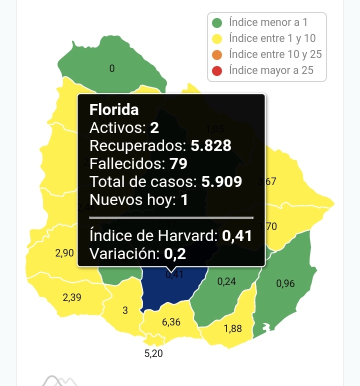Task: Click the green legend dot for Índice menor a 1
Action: pos(217,23)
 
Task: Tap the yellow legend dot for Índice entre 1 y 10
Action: pos(217,38)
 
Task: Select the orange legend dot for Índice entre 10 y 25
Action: pos(217,54)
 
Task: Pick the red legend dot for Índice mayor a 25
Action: pos(217,70)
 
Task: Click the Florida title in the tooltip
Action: pos(114,109)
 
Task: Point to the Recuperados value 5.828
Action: pos(211,146)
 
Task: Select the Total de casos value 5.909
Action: pos(221,181)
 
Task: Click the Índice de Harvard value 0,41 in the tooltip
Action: pos(236,235)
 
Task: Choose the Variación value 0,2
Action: pos(175,253)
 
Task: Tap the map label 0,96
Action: pos(285,284)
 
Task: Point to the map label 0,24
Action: pos(226,281)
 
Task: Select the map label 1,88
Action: pos(233,328)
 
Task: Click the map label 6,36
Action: pos(171,322)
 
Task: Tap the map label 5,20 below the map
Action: pos(153,353)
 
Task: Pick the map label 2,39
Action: pos(72,297)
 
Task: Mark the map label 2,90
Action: pos(65,253)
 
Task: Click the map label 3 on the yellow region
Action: pos(125,310)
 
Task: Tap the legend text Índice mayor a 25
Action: pos(271,70)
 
